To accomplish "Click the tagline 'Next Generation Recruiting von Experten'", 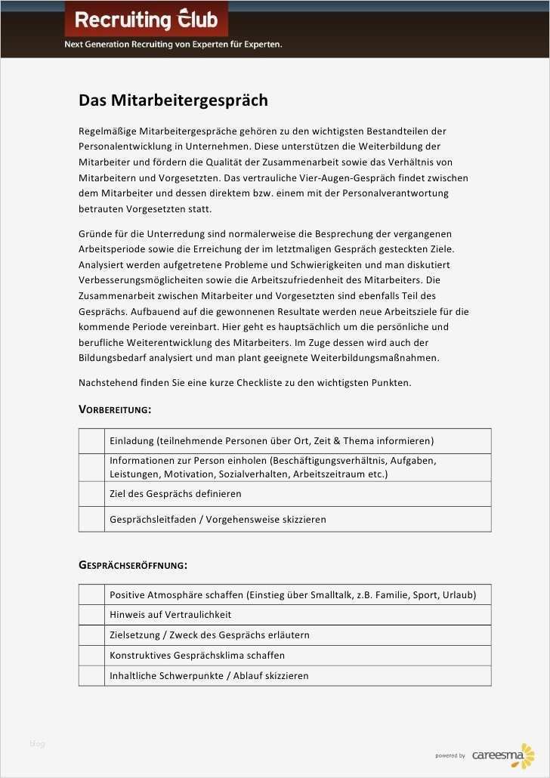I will [173, 45].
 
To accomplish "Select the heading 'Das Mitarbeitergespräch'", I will [173, 100].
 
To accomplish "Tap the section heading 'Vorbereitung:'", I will [115, 409].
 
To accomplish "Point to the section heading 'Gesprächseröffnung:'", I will [133, 565].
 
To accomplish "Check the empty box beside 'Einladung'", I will [91, 441].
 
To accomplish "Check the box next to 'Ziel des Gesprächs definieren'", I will [91, 494].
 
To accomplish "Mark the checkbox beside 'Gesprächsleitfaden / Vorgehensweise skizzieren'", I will [91, 520].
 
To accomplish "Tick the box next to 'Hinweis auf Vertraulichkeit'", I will [91, 615].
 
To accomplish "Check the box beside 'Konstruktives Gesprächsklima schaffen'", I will [91, 656].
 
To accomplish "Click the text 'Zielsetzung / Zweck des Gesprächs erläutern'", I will [209, 635].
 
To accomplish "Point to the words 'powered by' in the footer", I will [450, 756].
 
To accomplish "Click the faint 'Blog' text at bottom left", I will [37, 744].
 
